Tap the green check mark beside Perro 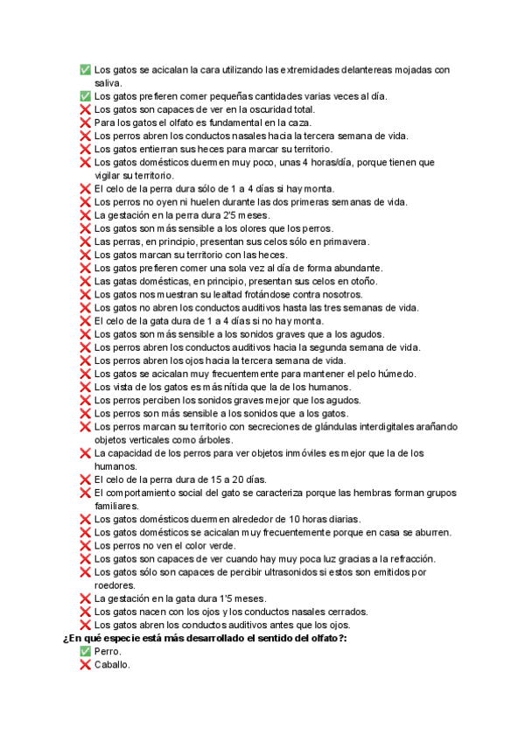[85, 652]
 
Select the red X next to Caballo [85, 665]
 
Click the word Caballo [112, 665]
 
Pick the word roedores [115, 585]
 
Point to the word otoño [360, 281]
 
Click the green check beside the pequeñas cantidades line [85, 96]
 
